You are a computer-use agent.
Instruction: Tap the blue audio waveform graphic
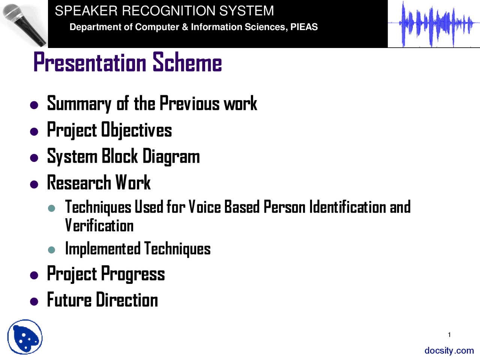pos(434,24)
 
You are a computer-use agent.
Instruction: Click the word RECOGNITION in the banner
pos(169,11)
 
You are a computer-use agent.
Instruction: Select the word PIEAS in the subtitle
pos(304,27)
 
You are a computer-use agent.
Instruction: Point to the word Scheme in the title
pos(187,62)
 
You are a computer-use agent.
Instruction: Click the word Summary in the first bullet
pos(79,104)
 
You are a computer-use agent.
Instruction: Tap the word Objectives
pos(136,130)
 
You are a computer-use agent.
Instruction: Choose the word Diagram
pos(171,156)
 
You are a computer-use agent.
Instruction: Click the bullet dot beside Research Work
pos(34,184)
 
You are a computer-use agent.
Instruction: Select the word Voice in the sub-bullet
pos(205,207)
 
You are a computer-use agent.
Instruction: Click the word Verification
pos(99,225)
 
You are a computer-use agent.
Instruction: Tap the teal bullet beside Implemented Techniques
pos(51,250)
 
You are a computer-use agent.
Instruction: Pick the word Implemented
pos(103,249)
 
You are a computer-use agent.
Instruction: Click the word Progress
pos(133,274)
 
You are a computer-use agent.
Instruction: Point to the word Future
pos(69,300)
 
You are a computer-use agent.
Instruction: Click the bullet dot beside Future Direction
pos(34,301)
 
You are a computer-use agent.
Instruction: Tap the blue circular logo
pos(25,337)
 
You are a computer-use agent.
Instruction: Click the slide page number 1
pos(449,334)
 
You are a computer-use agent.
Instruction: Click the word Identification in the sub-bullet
pos(348,207)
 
